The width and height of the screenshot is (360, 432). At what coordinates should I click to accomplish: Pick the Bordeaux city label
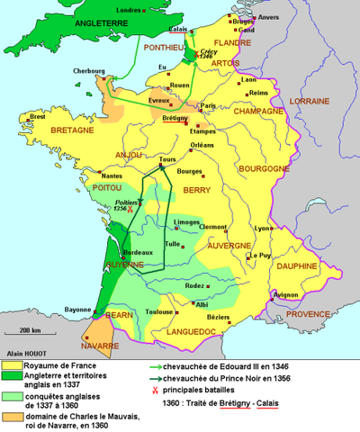(x=128, y=252)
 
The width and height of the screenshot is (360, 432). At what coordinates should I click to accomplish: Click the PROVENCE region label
(x=310, y=313)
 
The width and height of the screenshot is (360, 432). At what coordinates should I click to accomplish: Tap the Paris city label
(x=209, y=105)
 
